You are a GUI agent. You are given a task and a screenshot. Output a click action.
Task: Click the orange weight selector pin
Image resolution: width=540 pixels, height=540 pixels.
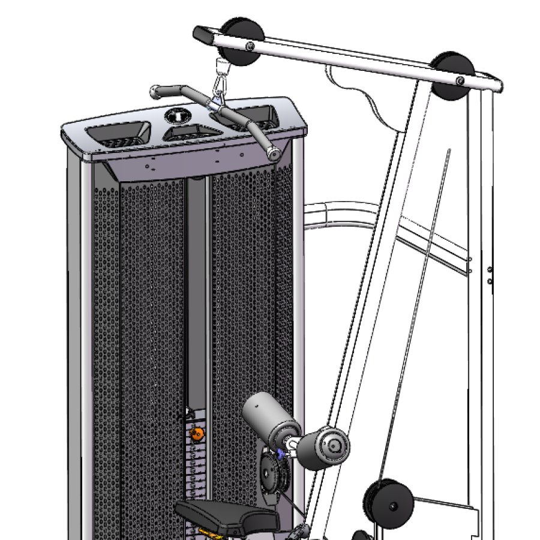pos(196,433)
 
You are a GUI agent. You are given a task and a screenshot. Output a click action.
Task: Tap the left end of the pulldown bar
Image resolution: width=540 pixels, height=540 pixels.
pos(157,92)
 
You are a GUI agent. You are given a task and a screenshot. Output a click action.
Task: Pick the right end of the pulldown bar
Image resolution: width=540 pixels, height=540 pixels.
pos(274,153)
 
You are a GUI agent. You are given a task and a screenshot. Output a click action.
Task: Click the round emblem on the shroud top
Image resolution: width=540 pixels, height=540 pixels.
pos(178,114)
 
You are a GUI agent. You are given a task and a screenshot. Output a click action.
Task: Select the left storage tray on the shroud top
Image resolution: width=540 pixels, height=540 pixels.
pos(119,133)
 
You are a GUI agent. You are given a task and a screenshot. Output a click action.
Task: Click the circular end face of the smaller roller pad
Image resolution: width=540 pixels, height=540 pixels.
pos(334,445)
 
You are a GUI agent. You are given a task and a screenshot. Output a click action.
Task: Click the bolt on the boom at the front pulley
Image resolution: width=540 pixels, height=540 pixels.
pos(250,47)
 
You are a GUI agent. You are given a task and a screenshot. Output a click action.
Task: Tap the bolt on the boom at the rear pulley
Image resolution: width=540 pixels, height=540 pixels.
pos(459,81)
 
